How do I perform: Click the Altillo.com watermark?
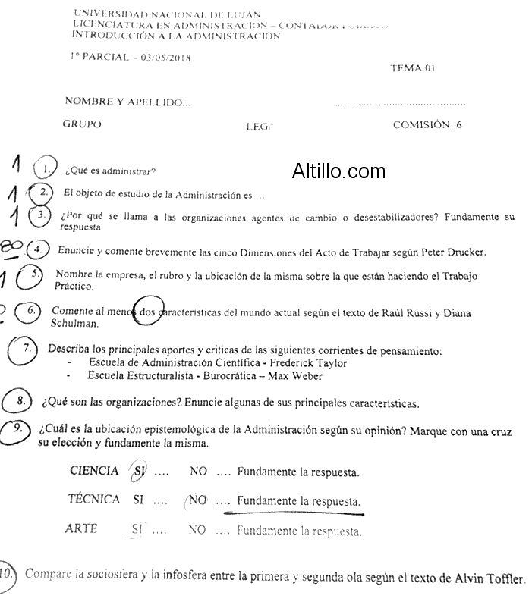(x=338, y=171)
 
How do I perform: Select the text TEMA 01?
(x=413, y=68)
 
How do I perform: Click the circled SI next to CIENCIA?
(x=138, y=471)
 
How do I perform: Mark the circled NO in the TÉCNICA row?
(x=197, y=500)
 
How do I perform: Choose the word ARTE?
(x=81, y=529)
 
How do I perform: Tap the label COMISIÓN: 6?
(x=427, y=126)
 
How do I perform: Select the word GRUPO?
(x=82, y=124)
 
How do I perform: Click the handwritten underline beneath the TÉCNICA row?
(x=294, y=513)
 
